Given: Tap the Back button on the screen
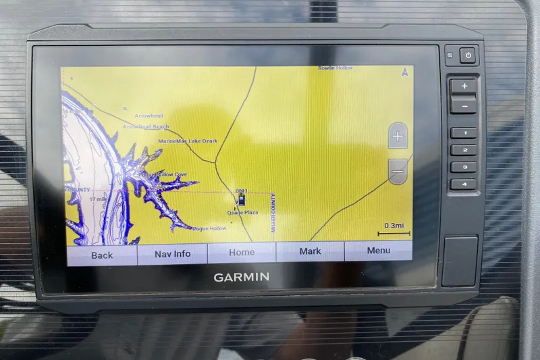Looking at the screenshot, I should (102, 255).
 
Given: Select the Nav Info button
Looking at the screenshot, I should (172, 253).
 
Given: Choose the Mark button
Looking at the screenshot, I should (310, 251).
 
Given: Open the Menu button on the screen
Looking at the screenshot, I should (378, 251).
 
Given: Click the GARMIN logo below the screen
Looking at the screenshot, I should (242, 277).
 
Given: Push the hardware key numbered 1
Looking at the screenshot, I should (463, 133).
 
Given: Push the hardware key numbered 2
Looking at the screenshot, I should (463, 150).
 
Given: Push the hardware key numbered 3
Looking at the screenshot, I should (463, 167).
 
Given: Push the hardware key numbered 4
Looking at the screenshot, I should (463, 184).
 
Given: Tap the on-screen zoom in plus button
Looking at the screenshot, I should (398, 136).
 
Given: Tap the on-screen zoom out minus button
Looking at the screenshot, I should (398, 172).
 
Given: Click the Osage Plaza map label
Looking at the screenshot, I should (242, 212).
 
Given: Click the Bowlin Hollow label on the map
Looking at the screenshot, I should (336, 68).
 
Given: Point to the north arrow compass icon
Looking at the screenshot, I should (404, 71).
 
